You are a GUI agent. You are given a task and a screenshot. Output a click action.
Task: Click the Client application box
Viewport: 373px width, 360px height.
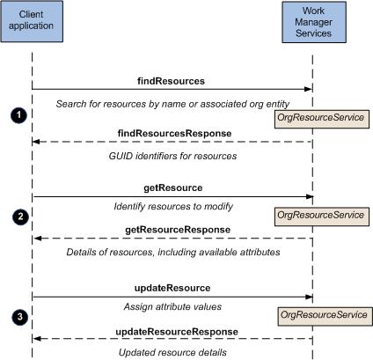(x=32, y=21)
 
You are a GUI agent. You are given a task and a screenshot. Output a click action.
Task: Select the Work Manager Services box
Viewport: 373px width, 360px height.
(x=314, y=22)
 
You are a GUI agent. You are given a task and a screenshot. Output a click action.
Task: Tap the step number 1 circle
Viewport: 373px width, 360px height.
(x=18, y=115)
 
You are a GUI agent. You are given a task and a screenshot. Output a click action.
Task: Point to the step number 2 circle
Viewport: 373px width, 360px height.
(x=20, y=217)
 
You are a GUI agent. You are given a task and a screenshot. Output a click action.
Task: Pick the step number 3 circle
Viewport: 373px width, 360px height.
(x=20, y=317)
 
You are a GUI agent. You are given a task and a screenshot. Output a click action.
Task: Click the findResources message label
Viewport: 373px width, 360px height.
(x=171, y=81)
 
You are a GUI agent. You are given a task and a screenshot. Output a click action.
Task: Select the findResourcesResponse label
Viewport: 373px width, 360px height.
(x=174, y=133)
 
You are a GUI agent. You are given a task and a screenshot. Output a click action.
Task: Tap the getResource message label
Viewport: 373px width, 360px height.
(x=173, y=187)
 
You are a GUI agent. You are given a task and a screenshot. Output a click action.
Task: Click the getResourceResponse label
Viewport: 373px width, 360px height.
(x=178, y=230)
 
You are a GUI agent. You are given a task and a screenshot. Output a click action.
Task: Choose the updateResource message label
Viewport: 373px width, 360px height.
(x=172, y=288)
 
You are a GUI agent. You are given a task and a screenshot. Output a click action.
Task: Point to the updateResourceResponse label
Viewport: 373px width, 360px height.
(x=177, y=332)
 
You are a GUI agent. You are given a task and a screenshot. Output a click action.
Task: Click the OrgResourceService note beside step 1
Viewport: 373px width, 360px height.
(x=322, y=119)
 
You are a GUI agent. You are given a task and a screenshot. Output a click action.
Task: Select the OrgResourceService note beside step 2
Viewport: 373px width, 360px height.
(x=322, y=217)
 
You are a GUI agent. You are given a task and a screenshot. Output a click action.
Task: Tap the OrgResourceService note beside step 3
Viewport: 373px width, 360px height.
(x=325, y=316)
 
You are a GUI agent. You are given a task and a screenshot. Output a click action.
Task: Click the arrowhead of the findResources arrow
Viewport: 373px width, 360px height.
(x=308, y=89)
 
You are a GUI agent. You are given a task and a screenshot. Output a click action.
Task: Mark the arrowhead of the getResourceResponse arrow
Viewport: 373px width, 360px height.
(x=37, y=239)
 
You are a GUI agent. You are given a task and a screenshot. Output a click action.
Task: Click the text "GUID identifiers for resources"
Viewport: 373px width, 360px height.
(x=172, y=156)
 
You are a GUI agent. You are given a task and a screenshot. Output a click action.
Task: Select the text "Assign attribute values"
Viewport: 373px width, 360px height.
(x=172, y=307)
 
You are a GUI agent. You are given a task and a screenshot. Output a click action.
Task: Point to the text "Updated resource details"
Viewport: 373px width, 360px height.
(x=172, y=352)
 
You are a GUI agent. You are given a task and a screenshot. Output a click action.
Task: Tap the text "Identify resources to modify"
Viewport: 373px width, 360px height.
(x=173, y=207)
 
